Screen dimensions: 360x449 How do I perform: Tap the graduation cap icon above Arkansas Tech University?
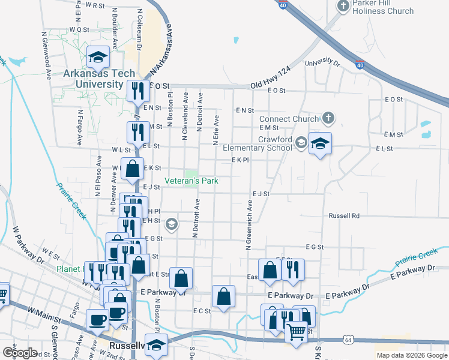tap(98, 57)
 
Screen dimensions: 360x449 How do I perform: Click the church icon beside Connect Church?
tap(328, 118)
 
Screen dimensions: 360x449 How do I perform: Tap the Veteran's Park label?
tap(191, 181)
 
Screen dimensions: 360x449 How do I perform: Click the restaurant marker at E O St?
tap(138, 91)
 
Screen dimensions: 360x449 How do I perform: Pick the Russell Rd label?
tap(343, 215)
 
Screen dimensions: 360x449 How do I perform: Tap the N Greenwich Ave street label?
tap(248, 225)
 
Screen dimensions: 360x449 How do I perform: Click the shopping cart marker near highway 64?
tap(296, 332)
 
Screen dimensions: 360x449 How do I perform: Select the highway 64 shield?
tap(349, 340)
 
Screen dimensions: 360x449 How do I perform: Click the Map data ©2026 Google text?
tap(412, 355)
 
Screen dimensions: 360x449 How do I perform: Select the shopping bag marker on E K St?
tap(132, 169)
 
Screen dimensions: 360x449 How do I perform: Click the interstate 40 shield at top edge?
tap(283, 5)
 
